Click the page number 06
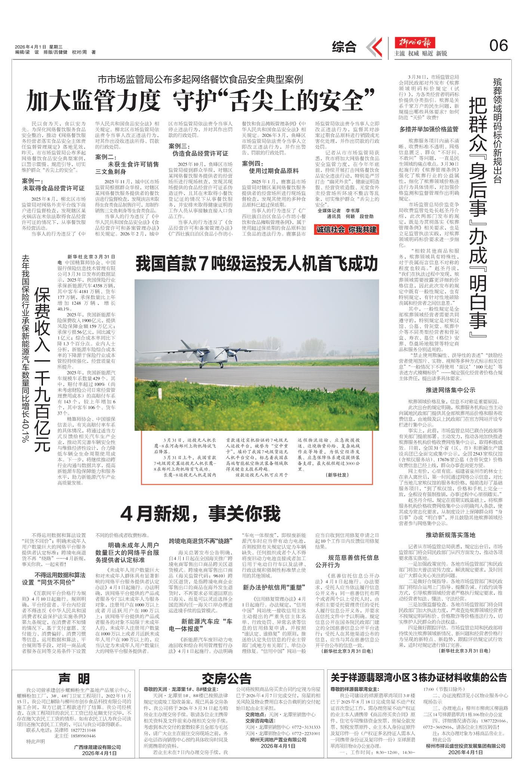tap(499, 46)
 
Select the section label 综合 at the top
tap(344, 46)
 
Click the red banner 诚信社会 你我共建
tap(347, 229)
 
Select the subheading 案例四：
tap(253, 163)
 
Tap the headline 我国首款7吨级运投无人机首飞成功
tap(257, 264)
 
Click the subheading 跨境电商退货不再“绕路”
tap(201, 541)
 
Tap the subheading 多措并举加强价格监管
tap(429, 130)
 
